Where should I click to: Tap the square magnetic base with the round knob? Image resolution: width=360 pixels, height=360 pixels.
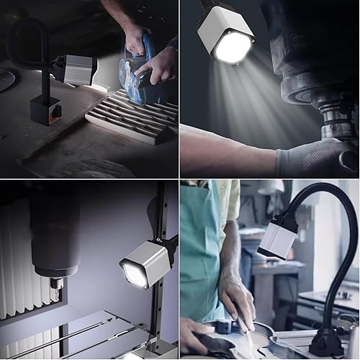(45, 111)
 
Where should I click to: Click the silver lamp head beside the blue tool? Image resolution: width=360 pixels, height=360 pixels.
(76, 70)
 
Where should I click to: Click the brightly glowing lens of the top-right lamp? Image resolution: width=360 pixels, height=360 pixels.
(233, 47)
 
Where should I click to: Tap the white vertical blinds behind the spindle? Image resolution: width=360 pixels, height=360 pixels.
(18, 252)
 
